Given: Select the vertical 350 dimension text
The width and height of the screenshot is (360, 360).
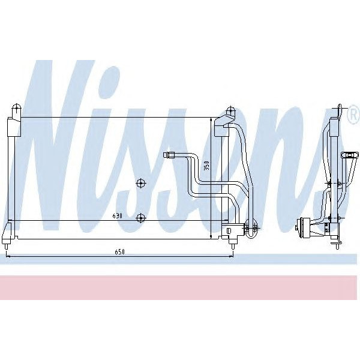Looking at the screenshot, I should tap(206, 166).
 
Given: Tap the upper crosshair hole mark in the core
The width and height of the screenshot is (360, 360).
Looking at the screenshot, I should tap(140, 183).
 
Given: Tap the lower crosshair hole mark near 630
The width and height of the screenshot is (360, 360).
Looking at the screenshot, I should tap(140, 217).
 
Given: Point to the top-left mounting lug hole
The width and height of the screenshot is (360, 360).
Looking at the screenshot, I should tap(16, 109).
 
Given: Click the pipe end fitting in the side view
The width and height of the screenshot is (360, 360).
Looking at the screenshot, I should tap(347, 155).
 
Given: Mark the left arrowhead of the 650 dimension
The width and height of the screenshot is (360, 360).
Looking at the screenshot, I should tap(8, 256).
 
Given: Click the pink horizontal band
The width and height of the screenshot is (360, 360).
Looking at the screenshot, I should tap(180, 287).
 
